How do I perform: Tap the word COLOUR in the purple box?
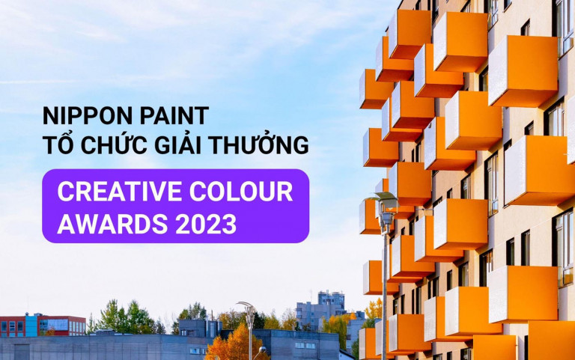(241, 192)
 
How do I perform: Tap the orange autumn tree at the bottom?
(232, 343)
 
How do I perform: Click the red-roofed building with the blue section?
(43, 325)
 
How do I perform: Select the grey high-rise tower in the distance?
(320, 310)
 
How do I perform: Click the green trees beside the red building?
(126, 317)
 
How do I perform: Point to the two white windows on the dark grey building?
(305, 346)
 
